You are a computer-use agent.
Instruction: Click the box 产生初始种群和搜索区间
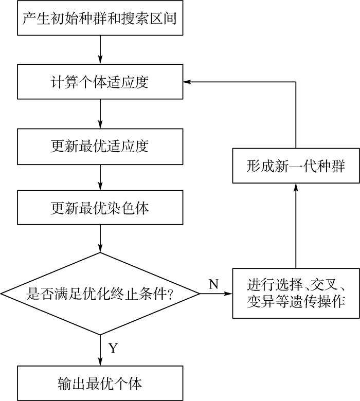(100, 18)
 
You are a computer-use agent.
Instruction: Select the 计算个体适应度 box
(100, 82)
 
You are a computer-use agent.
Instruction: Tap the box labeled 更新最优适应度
(100, 147)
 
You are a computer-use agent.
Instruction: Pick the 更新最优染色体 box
(100, 207)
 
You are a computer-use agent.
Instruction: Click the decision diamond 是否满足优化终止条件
(100, 294)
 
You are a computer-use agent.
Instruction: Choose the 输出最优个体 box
(100, 383)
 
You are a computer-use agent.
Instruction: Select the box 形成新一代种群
(296, 166)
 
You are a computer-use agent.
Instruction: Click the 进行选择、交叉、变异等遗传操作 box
(296, 294)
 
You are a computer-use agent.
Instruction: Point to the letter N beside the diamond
(214, 284)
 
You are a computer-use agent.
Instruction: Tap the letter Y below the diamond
(113, 348)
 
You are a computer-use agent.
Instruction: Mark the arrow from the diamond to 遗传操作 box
(216, 294)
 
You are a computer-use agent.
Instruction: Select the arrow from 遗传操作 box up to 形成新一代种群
(296, 226)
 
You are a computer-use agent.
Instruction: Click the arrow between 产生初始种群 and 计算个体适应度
(100, 50)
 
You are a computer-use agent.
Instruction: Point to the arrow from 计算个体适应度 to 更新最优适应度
(100, 114)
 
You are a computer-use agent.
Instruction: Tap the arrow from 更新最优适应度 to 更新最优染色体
(100, 177)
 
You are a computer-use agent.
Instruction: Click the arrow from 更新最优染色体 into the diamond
(100, 239)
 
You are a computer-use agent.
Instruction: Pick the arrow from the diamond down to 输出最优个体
(100, 351)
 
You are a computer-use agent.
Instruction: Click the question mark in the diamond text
(169, 294)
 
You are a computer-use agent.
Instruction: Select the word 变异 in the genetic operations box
(261, 302)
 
